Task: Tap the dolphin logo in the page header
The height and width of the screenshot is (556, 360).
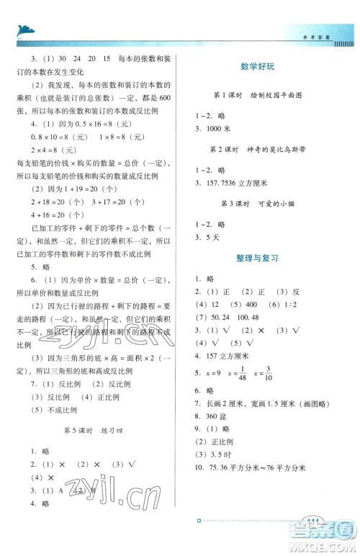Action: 22,30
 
